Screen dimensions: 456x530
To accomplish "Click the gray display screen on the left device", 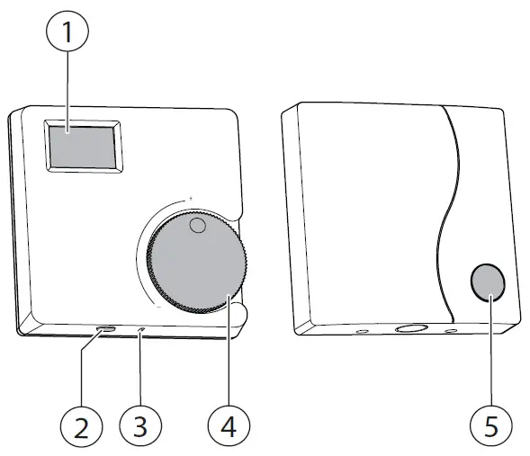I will [82, 147].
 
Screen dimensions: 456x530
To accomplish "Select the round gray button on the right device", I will [488, 283].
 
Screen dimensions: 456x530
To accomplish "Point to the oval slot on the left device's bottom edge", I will [106, 330].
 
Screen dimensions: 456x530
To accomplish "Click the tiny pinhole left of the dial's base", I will [142, 331].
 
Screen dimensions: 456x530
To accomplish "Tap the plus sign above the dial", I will [190, 197].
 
